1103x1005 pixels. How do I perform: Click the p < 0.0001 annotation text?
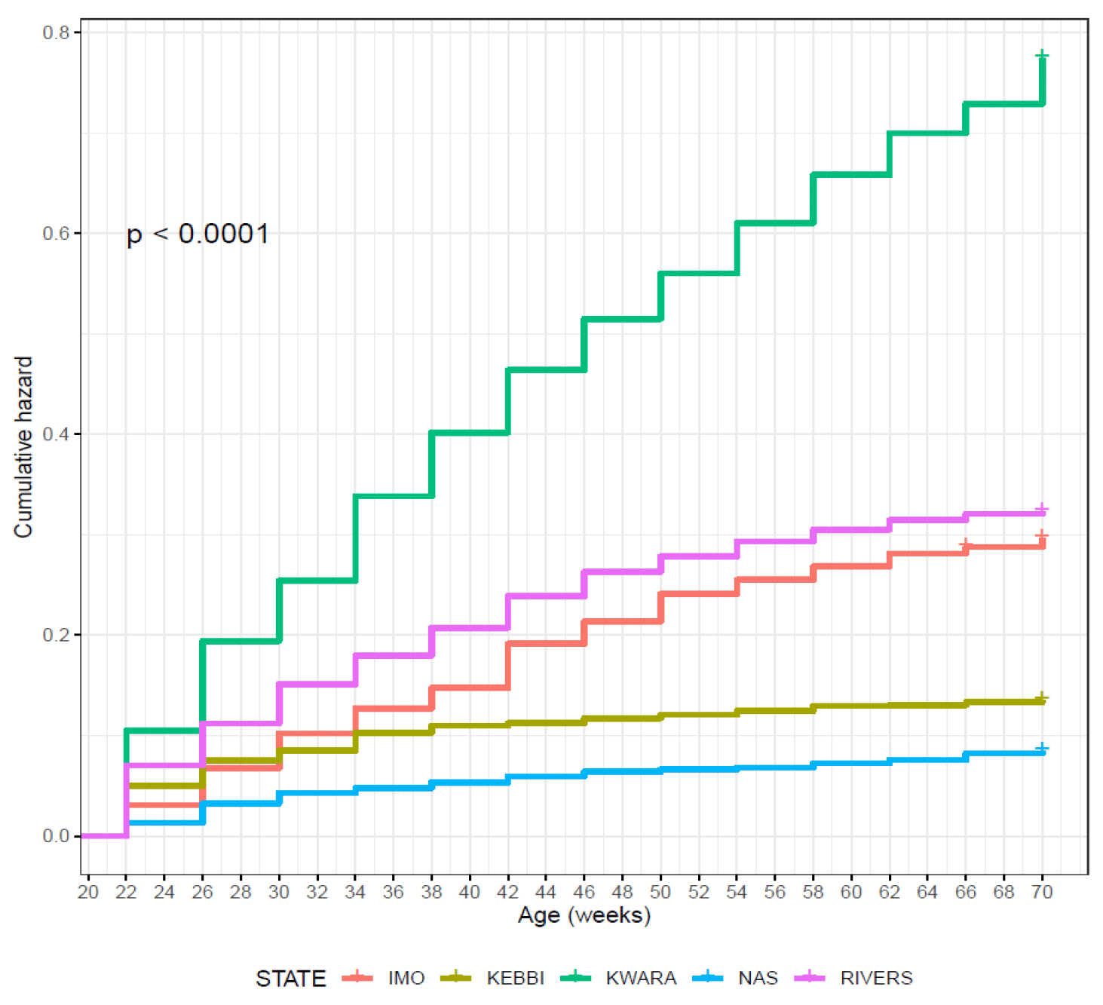tap(198, 234)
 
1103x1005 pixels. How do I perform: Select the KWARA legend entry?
tap(641, 978)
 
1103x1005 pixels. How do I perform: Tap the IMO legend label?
tap(406, 978)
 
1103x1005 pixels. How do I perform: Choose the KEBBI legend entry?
tap(515, 978)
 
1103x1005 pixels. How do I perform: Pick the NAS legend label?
tap(758, 978)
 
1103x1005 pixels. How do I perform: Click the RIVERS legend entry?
tap(876, 978)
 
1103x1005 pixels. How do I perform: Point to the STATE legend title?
tap(290, 979)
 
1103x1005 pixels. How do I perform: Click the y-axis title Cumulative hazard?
tap(23, 447)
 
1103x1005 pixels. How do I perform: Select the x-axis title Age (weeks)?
tap(584, 915)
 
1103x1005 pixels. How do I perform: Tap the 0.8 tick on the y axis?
tap(56, 32)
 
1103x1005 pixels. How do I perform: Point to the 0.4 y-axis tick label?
tap(56, 434)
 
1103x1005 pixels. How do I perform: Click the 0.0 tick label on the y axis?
tap(56, 836)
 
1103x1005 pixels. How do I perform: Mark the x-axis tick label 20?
tap(88, 892)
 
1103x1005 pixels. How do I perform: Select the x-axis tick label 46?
tap(584, 892)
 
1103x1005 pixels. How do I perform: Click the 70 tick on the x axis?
tap(1042, 892)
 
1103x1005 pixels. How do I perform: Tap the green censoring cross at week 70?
tap(1042, 56)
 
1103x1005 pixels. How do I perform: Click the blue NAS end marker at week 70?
tap(1042, 748)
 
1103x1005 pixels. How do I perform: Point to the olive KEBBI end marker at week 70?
tap(1042, 697)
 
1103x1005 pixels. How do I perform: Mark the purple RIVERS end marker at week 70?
tap(1042, 510)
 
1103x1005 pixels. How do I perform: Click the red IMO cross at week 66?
tap(965, 544)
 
